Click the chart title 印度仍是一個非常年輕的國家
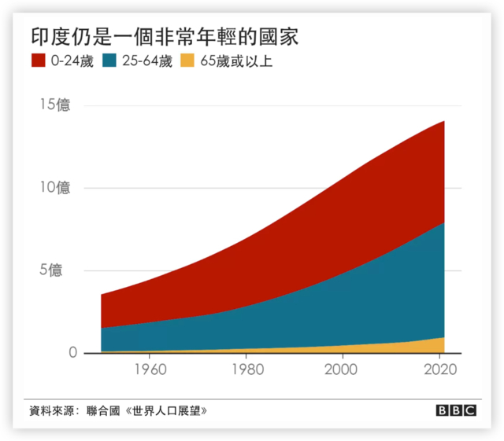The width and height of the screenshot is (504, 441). click(x=165, y=36)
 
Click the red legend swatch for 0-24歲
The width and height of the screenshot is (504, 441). click(x=39, y=61)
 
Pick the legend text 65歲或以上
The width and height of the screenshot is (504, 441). click(x=236, y=61)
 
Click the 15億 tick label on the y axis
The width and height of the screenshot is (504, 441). click(x=55, y=105)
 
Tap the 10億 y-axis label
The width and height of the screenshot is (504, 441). click(x=55, y=188)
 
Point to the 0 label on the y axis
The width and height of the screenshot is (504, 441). click(x=73, y=354)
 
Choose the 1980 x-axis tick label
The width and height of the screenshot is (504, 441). click(x=246, y=369)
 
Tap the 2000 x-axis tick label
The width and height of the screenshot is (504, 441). click(x=342, y=369)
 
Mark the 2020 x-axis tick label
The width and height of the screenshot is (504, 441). click(x=438, y=369)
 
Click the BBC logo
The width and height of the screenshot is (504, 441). click(x=457, y=410)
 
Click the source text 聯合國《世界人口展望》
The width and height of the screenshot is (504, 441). click(x=153, y=410)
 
